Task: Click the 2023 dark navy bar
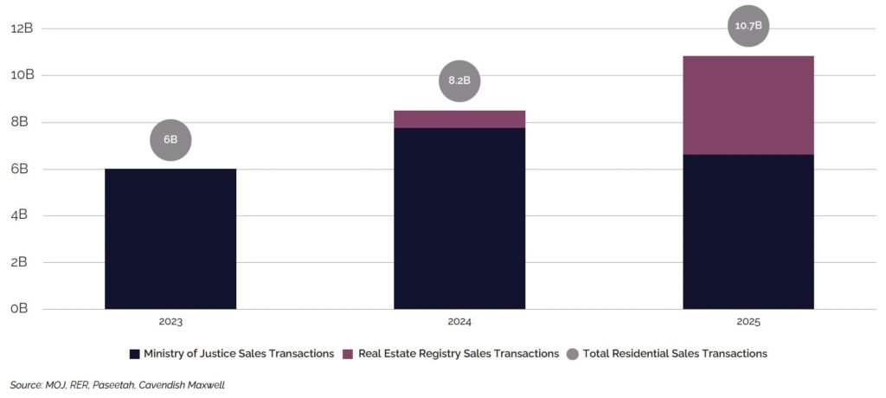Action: [x=170, y=238]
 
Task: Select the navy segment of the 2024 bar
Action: [x=459, y=218]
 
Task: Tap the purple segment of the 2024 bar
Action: [x=459, y=119]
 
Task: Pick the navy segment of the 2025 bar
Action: [x=748, y=231]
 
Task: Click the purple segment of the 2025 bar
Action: [x=748, y=105]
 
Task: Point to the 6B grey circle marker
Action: [x=170, y=140]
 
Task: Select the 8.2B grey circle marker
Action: [x=459, y=81]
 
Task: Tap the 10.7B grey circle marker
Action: [x=748, y=26]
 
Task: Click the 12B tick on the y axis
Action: [x=22, y=28]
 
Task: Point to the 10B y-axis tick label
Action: [x=22, y=74]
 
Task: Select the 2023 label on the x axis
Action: [x=170, y=322]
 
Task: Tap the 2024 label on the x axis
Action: [x=459, y=322]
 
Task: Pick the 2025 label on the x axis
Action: [x=748, y=322]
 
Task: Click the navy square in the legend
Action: [x=134, y=354]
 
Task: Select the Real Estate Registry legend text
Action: [x=459, y=354]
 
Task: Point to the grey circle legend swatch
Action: [x=572, y=354]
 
